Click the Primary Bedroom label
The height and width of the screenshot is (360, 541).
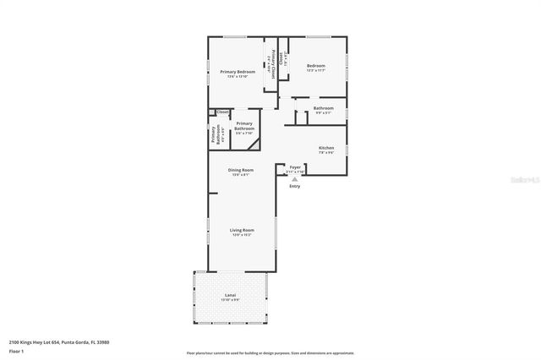(x=238, y=72)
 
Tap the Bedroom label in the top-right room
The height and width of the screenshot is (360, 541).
(x=316, y=66)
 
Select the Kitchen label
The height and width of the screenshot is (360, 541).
(x=326, y=148)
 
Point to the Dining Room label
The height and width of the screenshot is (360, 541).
(x=241, y=170)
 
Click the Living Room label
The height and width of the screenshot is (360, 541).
(x=242, y=230)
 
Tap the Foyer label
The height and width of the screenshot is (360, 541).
(x=295, y=167)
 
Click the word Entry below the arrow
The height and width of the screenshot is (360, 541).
(x=294, y=186)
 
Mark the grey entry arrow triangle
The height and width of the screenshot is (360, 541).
(x=294, y=178)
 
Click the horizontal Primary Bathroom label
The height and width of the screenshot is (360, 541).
(x=244, y=126)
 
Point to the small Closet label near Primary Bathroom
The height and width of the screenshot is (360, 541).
(x=222, y=112)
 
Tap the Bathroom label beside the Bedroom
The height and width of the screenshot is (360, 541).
(x=324, y=107)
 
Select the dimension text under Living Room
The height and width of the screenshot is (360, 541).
(x=242, y=235)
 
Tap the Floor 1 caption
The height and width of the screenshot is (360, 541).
(x=16, y=350)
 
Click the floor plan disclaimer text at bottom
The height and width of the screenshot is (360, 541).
(x=270, y=353)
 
